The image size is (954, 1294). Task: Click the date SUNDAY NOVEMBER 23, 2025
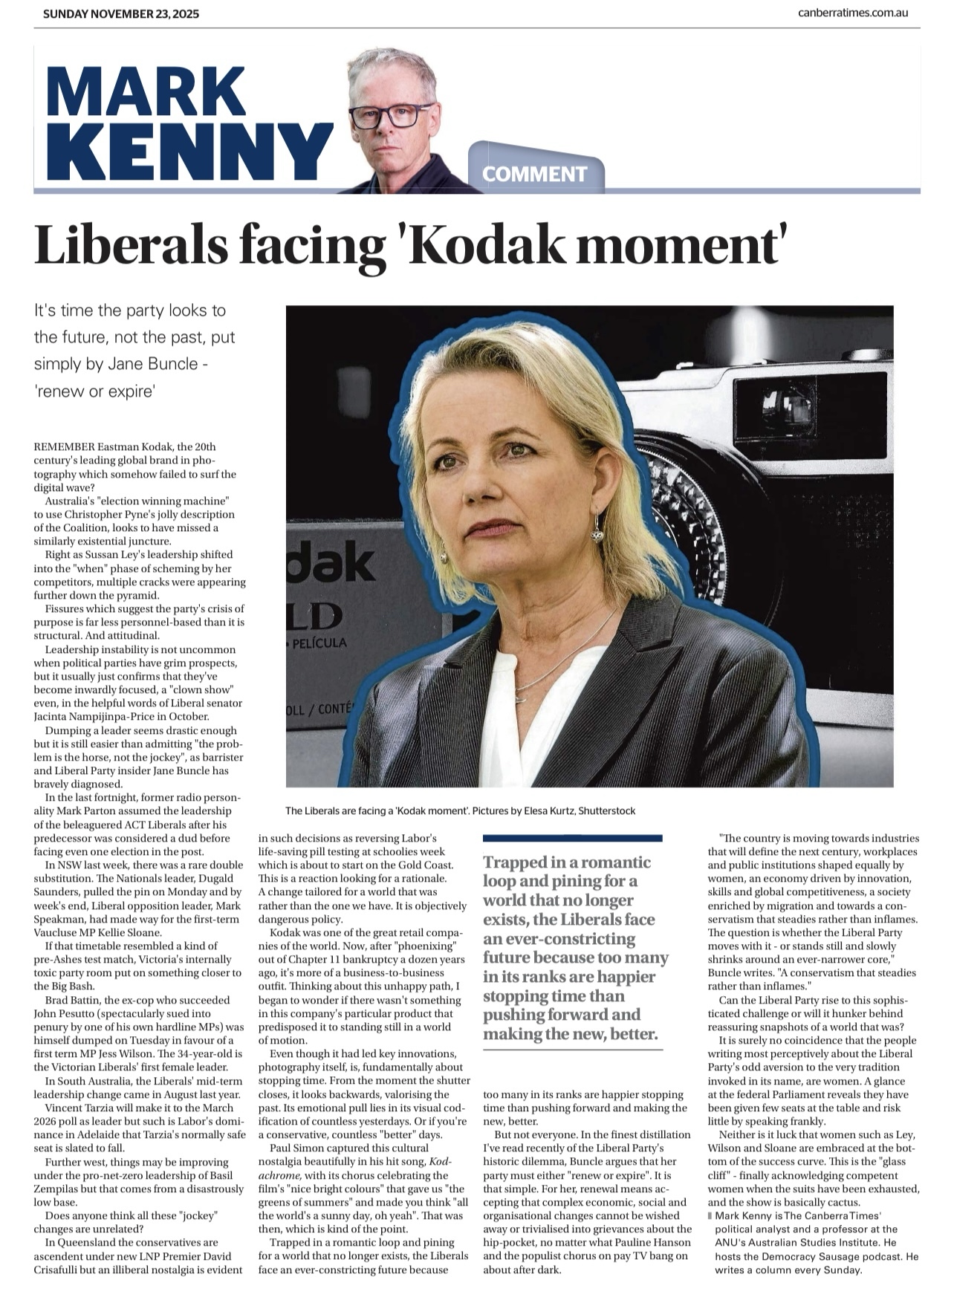pos(121,13)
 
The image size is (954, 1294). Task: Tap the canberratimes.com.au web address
pos(853,13)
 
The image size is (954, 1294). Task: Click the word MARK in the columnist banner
pos(146,91)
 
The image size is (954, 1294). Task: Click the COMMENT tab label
pos(535,175)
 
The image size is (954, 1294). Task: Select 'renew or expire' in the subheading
pos(94,391)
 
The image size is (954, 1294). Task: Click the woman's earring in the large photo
pos(597,529)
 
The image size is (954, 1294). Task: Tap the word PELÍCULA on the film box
pos(319,643)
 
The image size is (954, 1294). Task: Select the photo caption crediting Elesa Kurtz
pos(460,810)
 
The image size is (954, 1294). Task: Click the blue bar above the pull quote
pos(572,838)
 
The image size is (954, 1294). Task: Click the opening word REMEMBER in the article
pos(65,446)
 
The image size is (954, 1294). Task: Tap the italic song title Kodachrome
pos(440,1161)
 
